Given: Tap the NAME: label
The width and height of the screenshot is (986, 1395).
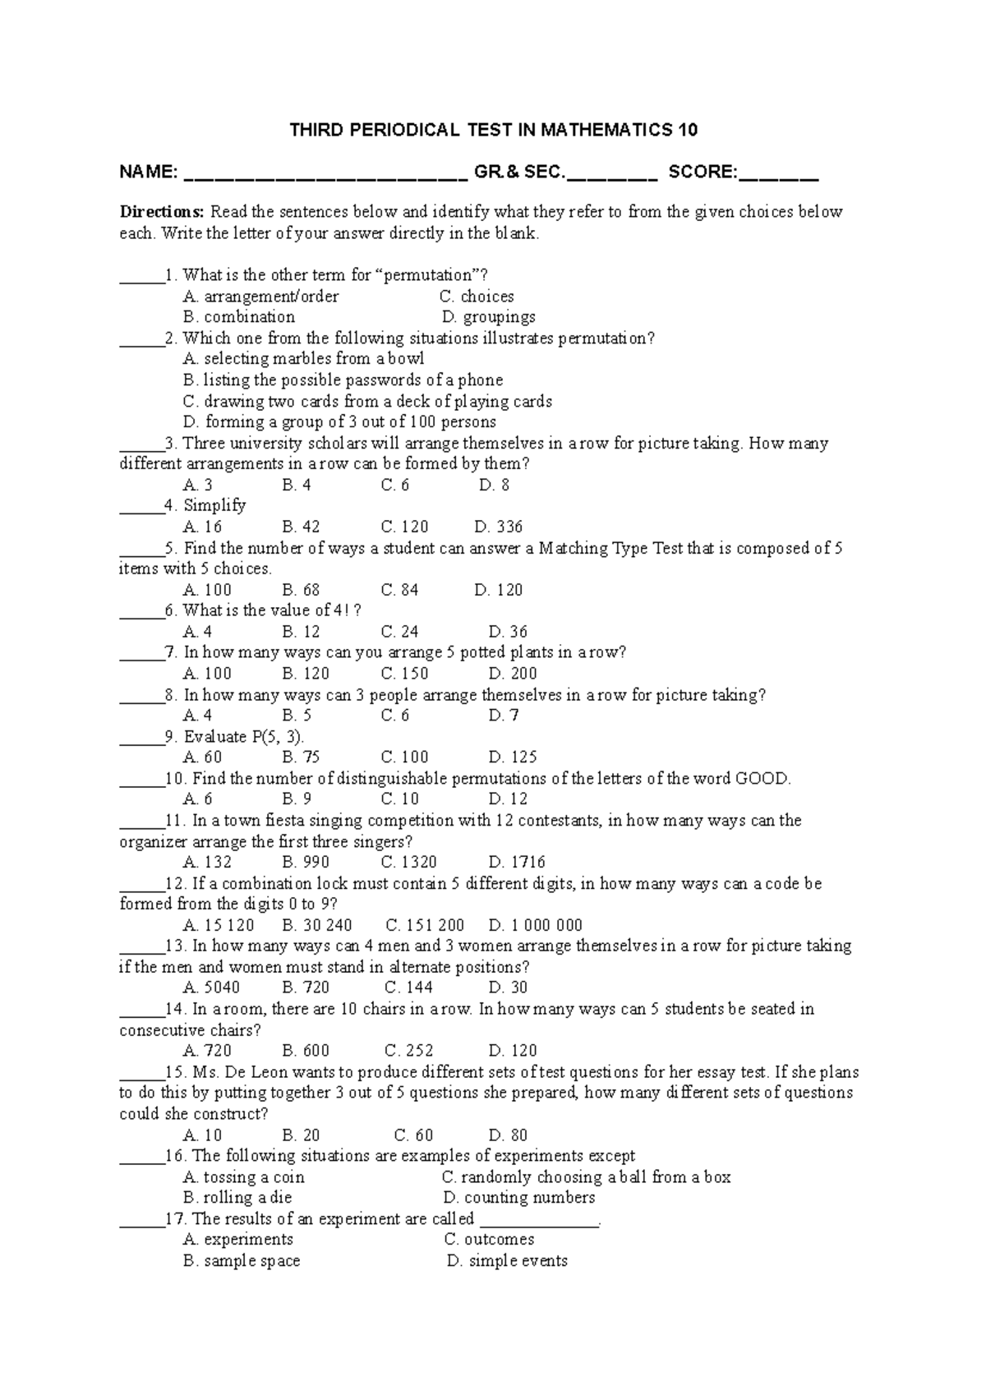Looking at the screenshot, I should pyautogui.click(x=148, y=172).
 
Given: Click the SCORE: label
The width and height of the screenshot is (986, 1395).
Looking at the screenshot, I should pyautogui.click(x=703, y=172).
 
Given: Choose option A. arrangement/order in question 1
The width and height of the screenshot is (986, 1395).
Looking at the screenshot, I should pyautogui.click(x=261, y=297).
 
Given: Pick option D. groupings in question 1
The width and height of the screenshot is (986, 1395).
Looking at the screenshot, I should pyautogui.click(x=488, y=317).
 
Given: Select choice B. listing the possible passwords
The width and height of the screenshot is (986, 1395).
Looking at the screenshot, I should pyautogui.click(x=343, y=380).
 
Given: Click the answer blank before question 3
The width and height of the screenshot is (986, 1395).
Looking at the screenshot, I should pyautogui.click(x=141, y=444).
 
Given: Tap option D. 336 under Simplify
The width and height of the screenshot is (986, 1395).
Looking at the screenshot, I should pyautogui.click(x=499, y=527).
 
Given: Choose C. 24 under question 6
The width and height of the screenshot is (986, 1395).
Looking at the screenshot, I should pyautogui.click(x=400, y=632).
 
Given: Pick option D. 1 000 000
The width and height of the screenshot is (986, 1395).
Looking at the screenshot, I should pyautogui.click(x=536, y=925).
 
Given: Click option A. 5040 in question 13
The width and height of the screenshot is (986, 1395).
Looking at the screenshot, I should pyautogui.click(x=212, y=988).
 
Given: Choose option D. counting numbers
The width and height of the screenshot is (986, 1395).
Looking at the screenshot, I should pyautogui.click(x=518, y=1198).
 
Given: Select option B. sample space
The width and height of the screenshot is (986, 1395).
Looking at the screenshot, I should pyautogui.click(x=242, y=1261).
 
